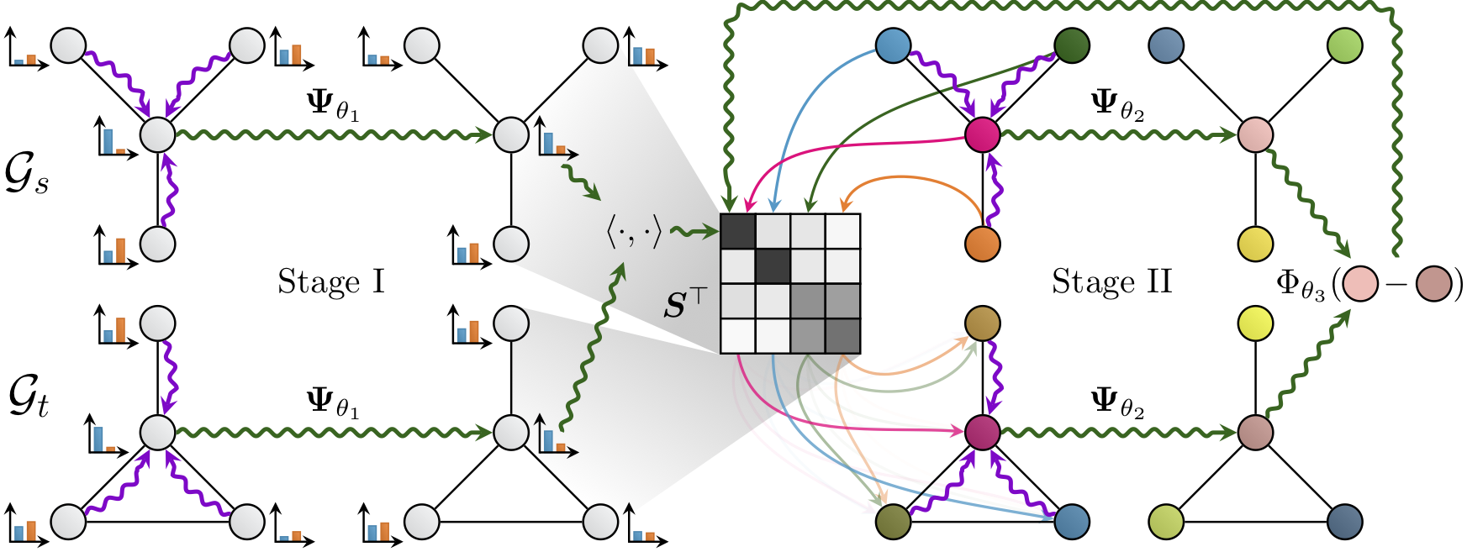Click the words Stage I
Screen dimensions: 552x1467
[x=331, y=282]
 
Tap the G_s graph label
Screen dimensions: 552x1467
[x=27, y=175]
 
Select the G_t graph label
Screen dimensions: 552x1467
[x=28, y=397]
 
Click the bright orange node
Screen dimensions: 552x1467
[x=983, y=244]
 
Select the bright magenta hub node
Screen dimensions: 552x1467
[x=983, y=134]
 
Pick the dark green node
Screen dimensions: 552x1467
[x=1072, y=45]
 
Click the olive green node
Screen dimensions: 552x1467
[x=893, y=521]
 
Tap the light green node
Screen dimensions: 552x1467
[x=1345, y=45]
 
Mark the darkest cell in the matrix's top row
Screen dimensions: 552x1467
[x=738, y=232]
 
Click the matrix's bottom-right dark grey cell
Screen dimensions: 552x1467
[x=842, y=336]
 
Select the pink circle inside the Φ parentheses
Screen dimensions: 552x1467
[x=1360, y=284]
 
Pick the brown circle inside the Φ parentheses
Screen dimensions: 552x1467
[x=1434, y=284]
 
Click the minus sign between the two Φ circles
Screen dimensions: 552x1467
[x=1397, y=284]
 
